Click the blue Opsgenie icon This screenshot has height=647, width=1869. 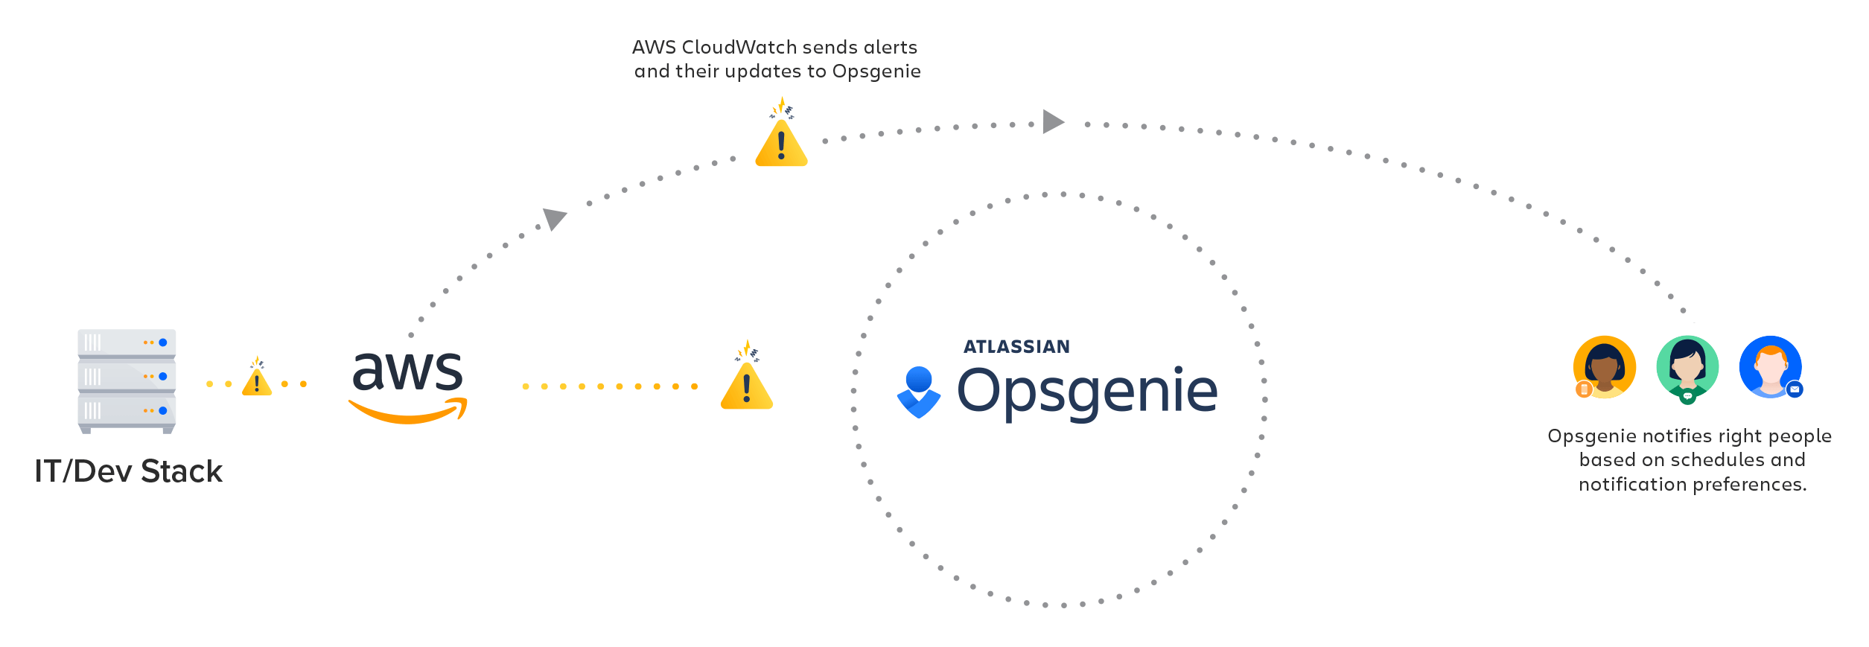click(x=919, y=392)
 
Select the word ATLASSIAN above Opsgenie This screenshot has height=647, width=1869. click(x=1016, y=347)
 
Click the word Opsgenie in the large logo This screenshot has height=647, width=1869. click(x=1087, y=392)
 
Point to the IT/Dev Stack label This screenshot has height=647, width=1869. click(x=128, y=471)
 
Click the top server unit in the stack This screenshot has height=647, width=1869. click(x=127, y=343)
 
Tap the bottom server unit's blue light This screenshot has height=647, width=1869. click(x=163, y=410)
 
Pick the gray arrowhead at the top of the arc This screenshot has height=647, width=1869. click(x=1052, y=121)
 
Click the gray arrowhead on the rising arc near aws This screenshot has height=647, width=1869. click(x=554, y=218)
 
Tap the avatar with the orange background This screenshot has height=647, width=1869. click(x=1605, y=367)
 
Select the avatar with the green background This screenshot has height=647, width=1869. click(x=1687, y=367)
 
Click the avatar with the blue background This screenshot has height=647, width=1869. click(x=1770, y=366)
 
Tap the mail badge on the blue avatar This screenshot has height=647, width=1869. click(x=1795, y=389)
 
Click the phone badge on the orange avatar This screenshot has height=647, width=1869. click(x=1584, y=389)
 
